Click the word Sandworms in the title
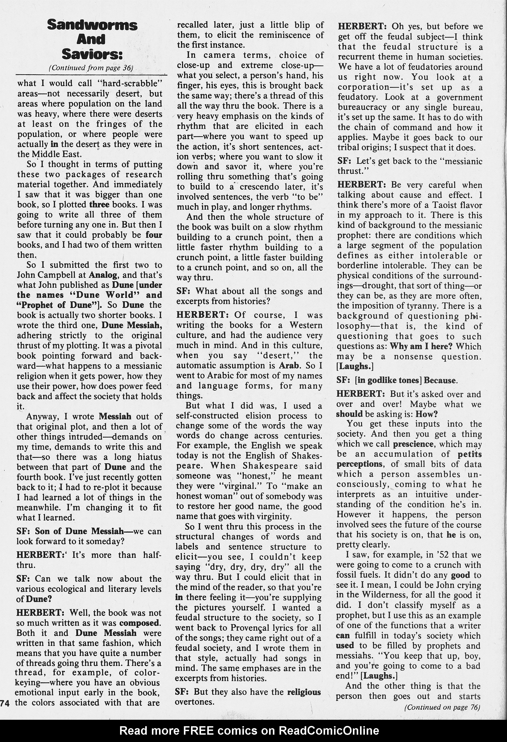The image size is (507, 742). click(x=92, y=25)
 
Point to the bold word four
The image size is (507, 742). click(x=154, y=235)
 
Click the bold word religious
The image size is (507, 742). click(x=304, y=692)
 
